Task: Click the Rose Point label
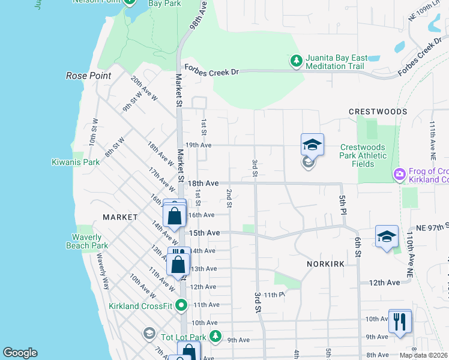[x=88, y=76]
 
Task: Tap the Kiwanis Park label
[x=75, y=162]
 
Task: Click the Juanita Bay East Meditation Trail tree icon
[x=296, y=61]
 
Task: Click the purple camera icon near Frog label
[x=399, y=174]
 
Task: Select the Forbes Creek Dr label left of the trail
[x=211, y=71]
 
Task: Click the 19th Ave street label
[x=199, y=145]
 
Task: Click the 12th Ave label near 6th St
[x=384, y=282]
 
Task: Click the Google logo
[x=20, y=353]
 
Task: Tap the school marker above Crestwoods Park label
[x=312, y=145]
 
